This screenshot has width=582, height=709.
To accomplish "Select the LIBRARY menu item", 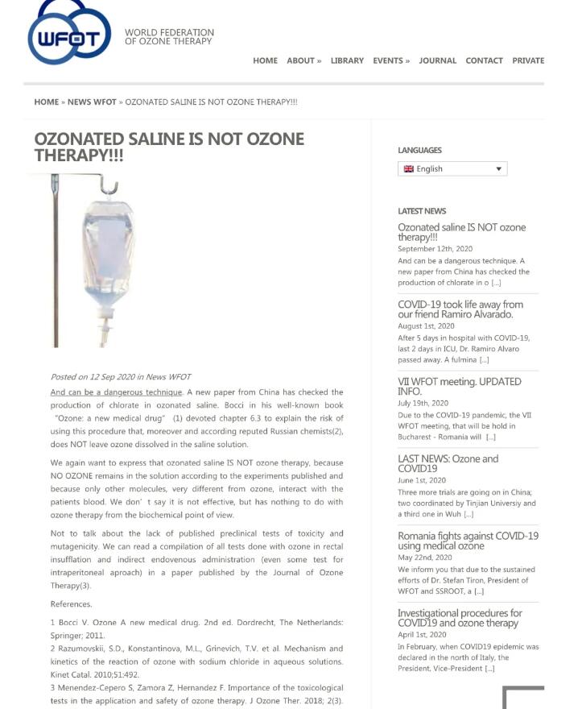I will pos(347,60).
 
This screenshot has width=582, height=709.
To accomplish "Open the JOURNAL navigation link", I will pos(437,60).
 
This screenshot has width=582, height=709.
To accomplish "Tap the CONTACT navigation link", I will pos(484,60).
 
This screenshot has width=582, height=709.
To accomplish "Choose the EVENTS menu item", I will pos(390,60).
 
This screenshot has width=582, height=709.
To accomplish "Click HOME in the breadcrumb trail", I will pos(46,102).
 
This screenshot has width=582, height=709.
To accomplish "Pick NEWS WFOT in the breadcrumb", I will pos(92,102).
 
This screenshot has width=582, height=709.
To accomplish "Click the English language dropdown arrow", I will pos(498,169).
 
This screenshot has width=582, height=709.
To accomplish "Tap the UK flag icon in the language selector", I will pos(409,169).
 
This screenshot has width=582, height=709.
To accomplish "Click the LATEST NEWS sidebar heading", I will pos(422,211).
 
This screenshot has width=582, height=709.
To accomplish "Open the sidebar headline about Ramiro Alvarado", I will pos(460,309).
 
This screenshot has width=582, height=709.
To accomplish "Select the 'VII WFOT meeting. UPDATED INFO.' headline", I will pos(459,386).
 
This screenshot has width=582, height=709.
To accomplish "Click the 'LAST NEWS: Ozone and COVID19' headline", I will pos(448,463).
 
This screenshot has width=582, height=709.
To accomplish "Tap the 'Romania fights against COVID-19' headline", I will pos(468,541).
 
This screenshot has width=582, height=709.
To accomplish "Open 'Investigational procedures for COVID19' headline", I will pos(460,618).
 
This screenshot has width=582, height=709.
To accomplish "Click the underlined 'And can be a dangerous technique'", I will pos(117,392).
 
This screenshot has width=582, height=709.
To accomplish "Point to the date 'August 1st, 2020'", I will pos(426,326).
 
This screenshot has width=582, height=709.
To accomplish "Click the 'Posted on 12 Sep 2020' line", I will pos(121,377).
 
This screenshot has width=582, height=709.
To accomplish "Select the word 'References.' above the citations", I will pos(71,604).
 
